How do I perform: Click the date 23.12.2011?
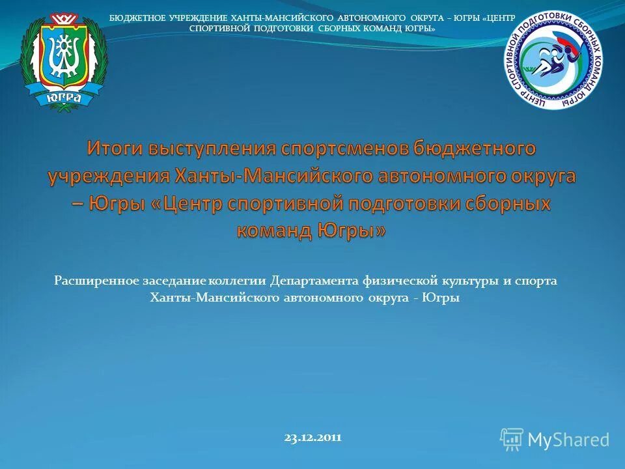(x=312, y=438)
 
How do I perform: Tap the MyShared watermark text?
(x=568, y=440)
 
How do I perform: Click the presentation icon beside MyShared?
(x=512, y=439)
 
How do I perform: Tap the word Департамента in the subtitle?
(x=314, y=281)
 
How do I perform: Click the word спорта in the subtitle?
(x=536, y=281)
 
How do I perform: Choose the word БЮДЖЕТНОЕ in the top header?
(x=135, y=17)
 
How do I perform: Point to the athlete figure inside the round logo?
(x=558, y=61)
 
